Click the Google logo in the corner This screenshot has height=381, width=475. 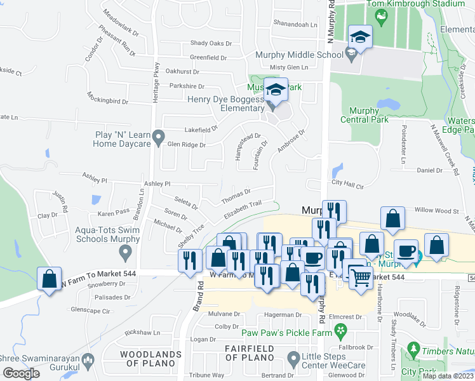tap(21, 373)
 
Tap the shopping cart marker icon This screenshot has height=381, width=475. tap(361, 276)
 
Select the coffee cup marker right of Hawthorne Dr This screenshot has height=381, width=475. tap(406, 251)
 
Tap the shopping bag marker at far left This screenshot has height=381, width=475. tap(50, 279)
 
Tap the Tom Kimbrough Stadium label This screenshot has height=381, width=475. tap(416, 4)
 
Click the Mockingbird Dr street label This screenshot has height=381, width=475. tap(107, 101)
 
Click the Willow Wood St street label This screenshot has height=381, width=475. tap(436, 210)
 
